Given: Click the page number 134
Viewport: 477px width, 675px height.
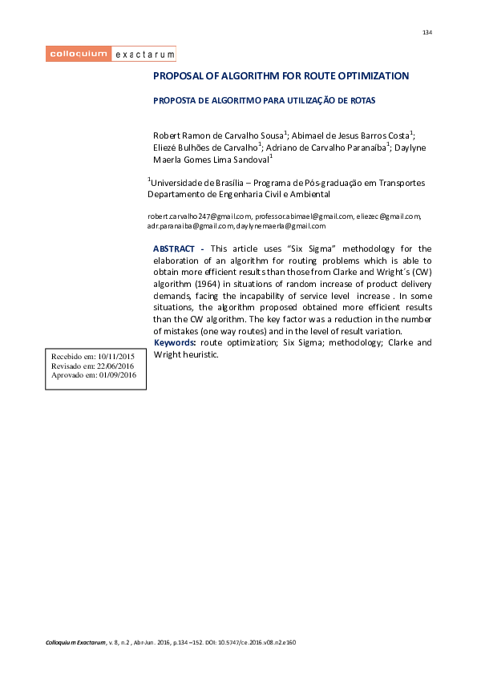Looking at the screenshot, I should (x=426, y=33).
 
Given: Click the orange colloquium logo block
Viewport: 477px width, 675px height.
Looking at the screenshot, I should (x=78, y=55).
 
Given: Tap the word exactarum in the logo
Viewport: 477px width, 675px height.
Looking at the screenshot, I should (x=144, y=55).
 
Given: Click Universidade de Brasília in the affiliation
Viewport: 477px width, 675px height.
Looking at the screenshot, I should (x=195, y=183).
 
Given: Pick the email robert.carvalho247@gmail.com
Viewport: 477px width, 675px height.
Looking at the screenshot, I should (x=200, y=216).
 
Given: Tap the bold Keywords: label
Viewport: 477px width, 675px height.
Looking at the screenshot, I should (x=175, y=343).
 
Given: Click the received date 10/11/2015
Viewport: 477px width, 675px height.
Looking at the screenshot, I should (x=116, y=354).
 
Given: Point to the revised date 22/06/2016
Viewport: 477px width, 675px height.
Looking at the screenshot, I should (x=115, y=365).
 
